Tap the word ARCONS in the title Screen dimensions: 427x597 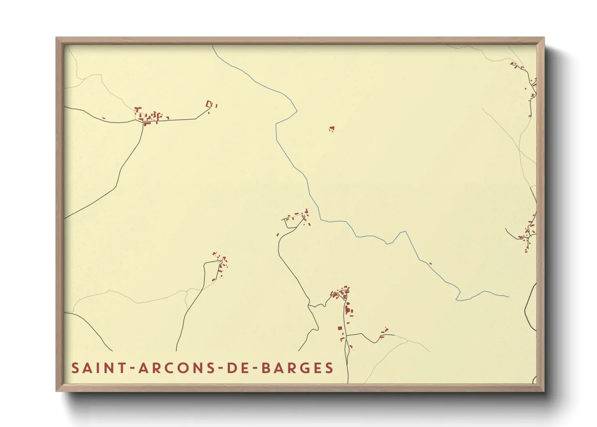(x=177, y=368)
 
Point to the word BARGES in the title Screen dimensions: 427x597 (x=298, y=368)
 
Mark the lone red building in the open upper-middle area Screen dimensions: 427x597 (x=332, y=129)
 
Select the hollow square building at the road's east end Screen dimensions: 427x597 (x=209, y=104)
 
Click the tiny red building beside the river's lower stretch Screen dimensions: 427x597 (x=430, y=264)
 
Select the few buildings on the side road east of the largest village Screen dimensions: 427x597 (x=384, y=333)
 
